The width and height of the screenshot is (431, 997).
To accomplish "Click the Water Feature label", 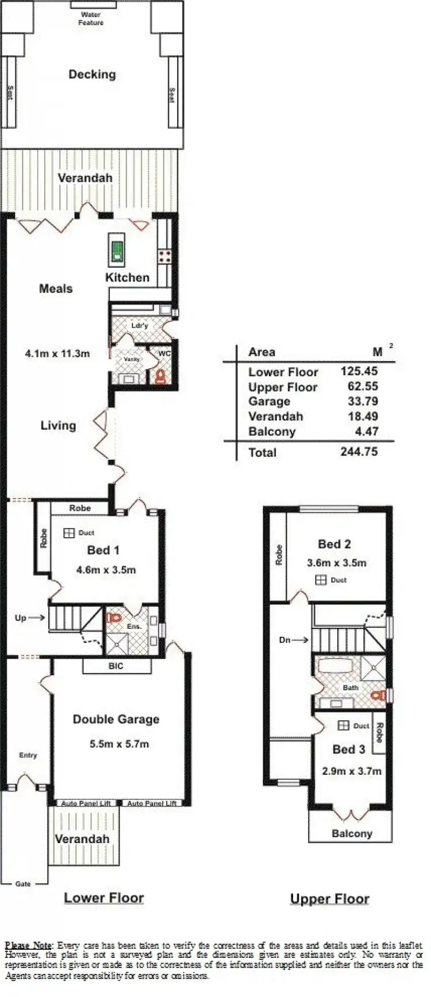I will coord(91,18).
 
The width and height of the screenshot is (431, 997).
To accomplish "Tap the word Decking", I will coord(92,74).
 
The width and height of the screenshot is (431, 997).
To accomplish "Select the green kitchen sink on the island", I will coord(117,249).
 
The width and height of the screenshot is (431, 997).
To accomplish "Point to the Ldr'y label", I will coord(140,326).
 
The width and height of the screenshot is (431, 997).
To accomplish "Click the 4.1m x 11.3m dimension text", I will coord(57,354).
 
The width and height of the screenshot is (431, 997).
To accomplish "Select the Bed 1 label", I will coord(103,550).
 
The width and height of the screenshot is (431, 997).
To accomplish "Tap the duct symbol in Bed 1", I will coord(69,533).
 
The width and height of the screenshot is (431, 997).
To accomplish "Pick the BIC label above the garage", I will coord(116,666).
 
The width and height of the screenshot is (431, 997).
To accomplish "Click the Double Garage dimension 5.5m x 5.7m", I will coord(120,744).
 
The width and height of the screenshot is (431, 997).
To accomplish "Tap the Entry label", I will coord(28,755).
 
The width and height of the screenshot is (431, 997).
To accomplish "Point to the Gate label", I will coord(23,883).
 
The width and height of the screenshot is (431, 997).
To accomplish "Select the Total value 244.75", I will coord(359,452).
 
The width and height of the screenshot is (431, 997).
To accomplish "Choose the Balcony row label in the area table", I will coord(272,432).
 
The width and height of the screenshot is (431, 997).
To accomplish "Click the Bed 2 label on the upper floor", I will coord(334,544).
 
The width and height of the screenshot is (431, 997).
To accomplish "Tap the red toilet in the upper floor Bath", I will coord(377,695).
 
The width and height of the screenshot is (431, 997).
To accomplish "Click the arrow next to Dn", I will coord(301,639).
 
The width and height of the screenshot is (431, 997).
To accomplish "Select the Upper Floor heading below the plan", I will coord(330,899).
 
